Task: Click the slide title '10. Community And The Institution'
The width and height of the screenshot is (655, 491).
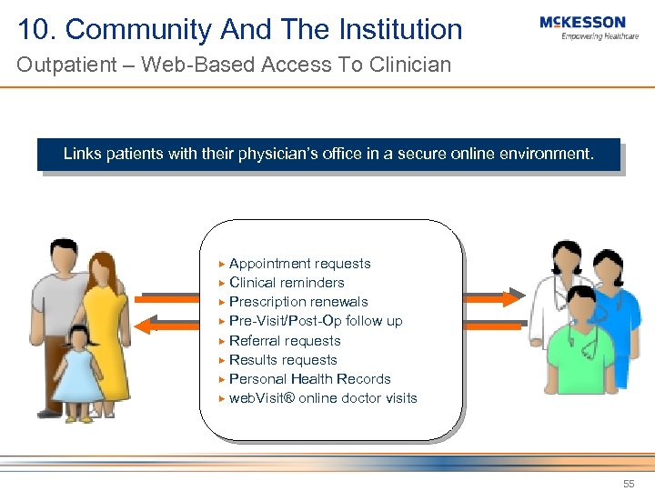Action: point(240,29)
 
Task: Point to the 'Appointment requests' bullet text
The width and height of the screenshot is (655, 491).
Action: point(299,264)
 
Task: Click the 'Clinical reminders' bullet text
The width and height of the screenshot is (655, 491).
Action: point(287,283)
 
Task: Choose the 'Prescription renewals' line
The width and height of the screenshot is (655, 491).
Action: point(298,302)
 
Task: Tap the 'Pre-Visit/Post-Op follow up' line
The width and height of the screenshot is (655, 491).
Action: point(316,321)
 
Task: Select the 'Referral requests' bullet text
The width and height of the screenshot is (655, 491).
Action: point(285,341)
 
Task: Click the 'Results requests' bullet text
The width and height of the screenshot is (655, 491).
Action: point(283,360)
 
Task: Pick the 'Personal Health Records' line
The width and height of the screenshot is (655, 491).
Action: point(309,379)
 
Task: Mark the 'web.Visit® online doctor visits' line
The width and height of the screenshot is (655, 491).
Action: point(323,398)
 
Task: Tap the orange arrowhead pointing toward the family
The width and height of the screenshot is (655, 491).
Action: point(142,325)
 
